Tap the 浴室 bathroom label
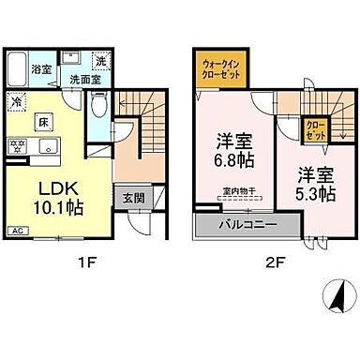coord(41,68)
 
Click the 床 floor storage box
coord(43,122)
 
